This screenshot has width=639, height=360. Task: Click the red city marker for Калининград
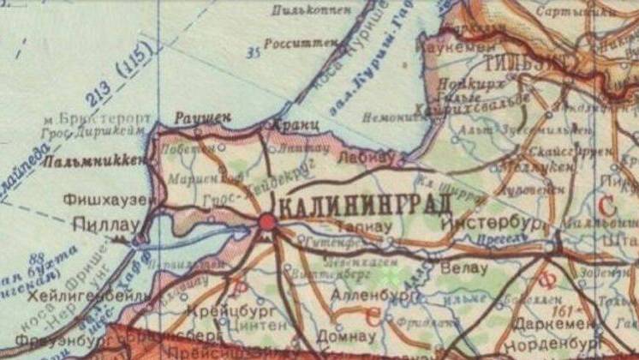click(267, 222)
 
